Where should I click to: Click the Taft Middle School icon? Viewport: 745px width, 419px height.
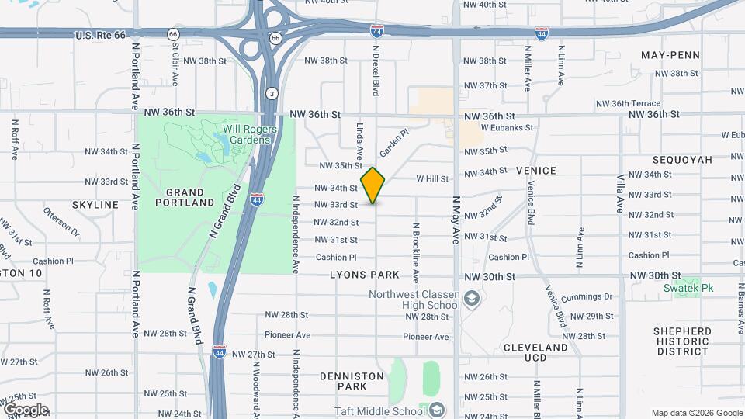pyautogui.click(x=437, y=410)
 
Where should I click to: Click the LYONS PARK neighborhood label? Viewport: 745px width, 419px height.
pyautogui.click(x=365, y=275)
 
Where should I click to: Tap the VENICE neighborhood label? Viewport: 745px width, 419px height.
pyautogui.click(x=535, y=171)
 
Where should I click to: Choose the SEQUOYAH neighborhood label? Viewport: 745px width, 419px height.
pyautogui.click(x=683, y=159)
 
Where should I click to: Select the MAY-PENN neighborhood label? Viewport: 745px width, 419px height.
pyautogui.click(x=670, y=55)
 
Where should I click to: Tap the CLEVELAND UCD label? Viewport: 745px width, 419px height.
pyautogui.click(x=535, y=352)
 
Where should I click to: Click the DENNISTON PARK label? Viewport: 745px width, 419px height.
pyautogui.click(x=352, y=381)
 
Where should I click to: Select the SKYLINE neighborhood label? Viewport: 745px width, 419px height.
pyautogui.click(x=95, y=205)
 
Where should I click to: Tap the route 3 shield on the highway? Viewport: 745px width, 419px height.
pyautogui.click(x=272, y=93)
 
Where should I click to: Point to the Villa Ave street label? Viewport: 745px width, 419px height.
pyautogui.click(x=620, y=194)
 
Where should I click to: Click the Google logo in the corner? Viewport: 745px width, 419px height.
pyautogui.click(x=25, y=410)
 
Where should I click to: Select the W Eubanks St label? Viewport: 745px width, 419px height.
pyautogui.click(x=508, y=127)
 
